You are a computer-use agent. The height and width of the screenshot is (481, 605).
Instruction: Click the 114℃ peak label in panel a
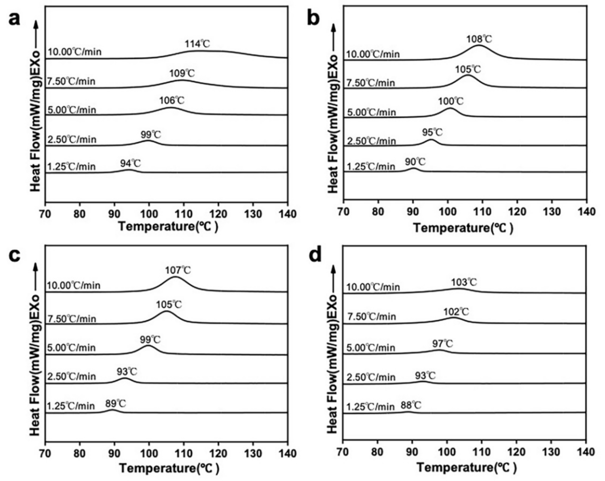197,44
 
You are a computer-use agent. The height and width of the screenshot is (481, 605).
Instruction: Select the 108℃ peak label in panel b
479,39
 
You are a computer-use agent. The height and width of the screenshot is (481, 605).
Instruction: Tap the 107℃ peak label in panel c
178,270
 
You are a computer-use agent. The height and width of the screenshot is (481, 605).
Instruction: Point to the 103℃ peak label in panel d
464,282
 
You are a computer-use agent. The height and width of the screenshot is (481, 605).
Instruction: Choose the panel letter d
315,256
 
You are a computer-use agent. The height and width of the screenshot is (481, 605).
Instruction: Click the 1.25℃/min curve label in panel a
71,166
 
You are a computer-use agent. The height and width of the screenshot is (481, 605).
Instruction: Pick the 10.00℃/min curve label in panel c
74,285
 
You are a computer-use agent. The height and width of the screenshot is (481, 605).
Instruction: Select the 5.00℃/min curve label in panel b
371,113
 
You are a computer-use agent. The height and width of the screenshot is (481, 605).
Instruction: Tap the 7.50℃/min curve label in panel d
371,317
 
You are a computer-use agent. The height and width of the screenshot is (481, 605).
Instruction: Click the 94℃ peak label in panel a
130,163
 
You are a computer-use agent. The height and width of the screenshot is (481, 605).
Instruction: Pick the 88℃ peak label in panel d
411,405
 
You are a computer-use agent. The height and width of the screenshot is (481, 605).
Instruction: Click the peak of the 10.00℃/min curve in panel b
479,46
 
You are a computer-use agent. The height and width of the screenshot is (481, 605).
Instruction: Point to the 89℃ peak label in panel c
116,404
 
